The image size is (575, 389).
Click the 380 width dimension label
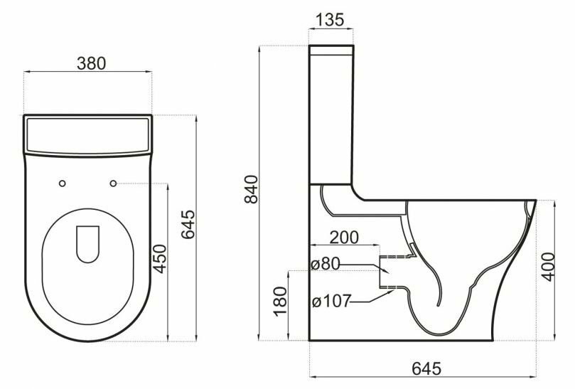pyautogui.click(x=91, y=63)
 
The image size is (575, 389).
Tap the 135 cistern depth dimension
pyautogui.click(x=330, y=20)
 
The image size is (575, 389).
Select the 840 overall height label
pyautogui.click(x=252, y=189)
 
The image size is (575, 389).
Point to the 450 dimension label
pyautogui.click(x=159, y=259)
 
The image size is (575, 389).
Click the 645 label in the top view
pyautogui.click(x=188, y=224)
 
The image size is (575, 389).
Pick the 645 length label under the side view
pyautogui.click(x=427, y=368)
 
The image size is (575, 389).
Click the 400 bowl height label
pyautogui.click(x=549, y=267)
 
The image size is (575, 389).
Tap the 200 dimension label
pyautogui.click(x=344, y=238)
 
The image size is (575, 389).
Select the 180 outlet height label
pyautogui.click(x=280, y=302)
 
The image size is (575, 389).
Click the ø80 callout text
pyautogui.click(x=326, y=264)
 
